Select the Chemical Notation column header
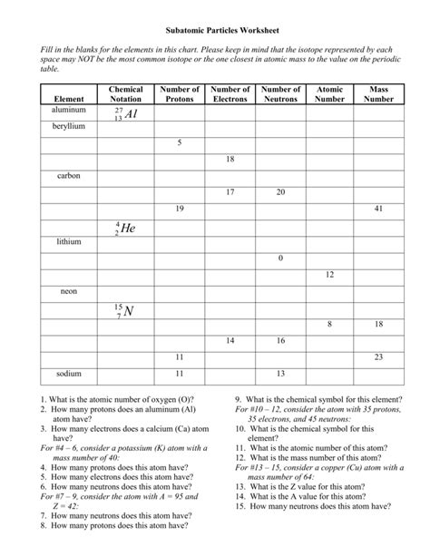pos(125,94)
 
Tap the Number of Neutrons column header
pos(280,94)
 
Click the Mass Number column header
pos(378,94)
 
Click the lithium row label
pos(69,242)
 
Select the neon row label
pos(69,292)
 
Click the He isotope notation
pos(125,229)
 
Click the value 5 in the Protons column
pos(180,142)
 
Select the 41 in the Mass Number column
pos(378,209)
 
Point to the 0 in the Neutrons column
pos(280,258)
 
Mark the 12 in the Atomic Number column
pos(329,275)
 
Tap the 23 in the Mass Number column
pos(378,357)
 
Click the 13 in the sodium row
pos(280,374)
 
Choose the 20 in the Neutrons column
pos(280,192)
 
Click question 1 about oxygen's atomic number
pos(119,399)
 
